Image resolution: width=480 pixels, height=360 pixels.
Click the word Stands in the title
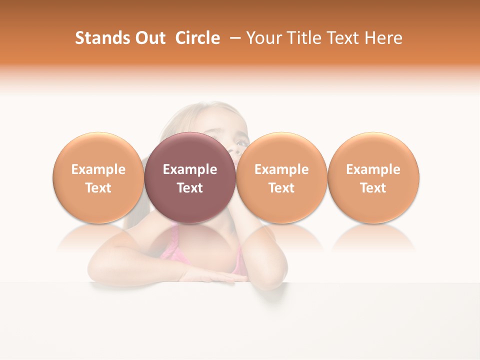99,38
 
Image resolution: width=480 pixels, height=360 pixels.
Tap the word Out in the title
148,38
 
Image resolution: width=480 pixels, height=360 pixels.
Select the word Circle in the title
197,38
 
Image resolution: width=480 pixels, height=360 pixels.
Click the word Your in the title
263,38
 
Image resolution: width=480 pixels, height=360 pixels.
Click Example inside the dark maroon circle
189,169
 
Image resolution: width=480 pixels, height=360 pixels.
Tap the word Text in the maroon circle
189,188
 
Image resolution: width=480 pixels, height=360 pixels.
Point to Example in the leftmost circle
98,169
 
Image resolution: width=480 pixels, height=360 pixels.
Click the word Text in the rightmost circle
373,188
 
